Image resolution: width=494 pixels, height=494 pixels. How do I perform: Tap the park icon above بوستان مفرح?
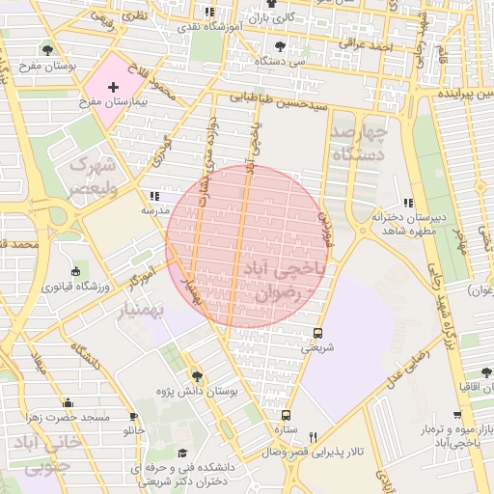[47, 51]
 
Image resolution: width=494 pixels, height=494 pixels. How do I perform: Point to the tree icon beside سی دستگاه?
[281, 45]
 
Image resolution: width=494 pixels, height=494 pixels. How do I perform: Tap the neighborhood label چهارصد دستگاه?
[358, 142]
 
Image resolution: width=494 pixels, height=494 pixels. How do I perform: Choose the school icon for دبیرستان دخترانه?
[408, 203]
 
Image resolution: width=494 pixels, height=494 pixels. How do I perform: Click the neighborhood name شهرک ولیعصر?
[92, 176]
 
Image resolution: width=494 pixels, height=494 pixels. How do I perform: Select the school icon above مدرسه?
[155, 195]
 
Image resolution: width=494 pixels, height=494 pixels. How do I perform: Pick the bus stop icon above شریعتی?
[317, 334]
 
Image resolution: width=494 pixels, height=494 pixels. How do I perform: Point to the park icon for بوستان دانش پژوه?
[197, 376]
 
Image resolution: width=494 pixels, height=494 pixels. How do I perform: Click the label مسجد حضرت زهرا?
[68, 417]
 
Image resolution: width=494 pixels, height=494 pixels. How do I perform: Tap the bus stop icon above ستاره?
[284, 414]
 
